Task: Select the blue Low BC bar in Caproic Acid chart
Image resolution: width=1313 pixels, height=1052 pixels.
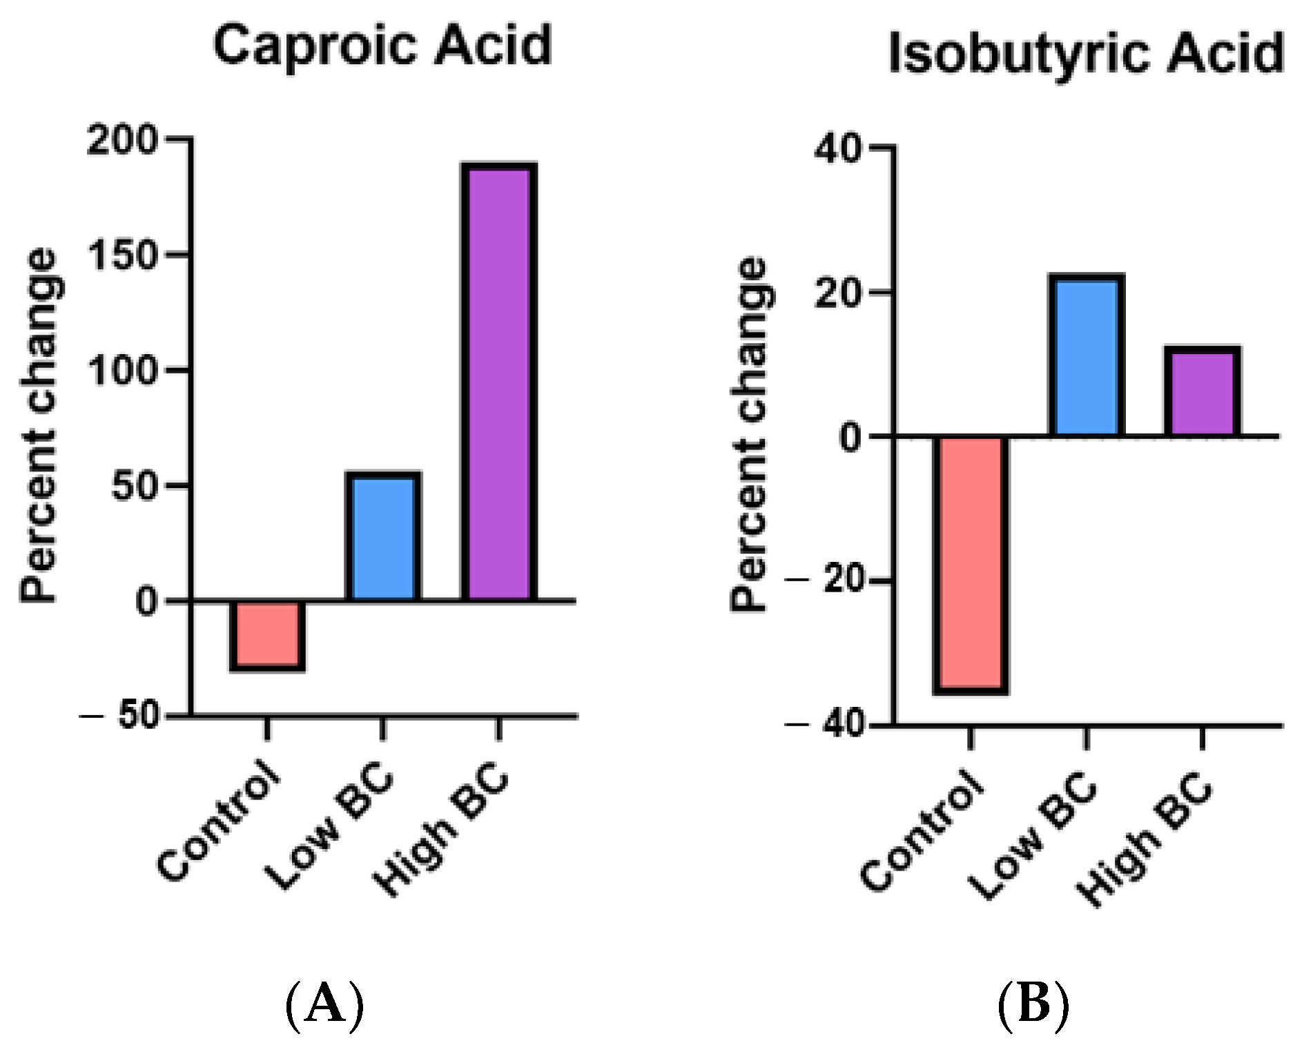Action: pos(383,537)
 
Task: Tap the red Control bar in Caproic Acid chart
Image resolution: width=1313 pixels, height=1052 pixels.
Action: pos(267,634)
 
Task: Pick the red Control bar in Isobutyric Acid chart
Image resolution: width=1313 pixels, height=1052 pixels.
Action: pos(971,563)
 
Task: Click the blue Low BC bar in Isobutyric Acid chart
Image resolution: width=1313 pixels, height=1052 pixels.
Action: pos(1087,355)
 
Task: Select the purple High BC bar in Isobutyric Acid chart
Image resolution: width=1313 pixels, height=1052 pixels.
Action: pos(1203,391)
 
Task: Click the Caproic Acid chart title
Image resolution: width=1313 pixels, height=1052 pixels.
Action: pos(383,46)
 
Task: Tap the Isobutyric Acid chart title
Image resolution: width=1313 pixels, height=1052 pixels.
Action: pos(1085,54)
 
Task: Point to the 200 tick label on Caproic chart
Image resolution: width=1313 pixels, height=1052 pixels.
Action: pos(121,141)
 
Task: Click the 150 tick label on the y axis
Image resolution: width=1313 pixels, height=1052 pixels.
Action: pos(121,256)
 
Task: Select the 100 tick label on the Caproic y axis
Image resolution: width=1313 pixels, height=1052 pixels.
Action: pos(121,371)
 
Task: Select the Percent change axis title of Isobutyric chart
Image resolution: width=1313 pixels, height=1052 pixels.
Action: pos(749,435)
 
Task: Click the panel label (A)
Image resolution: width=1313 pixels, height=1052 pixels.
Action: pos(324,1004)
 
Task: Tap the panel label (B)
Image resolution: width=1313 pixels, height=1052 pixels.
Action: pos(1033,1004)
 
